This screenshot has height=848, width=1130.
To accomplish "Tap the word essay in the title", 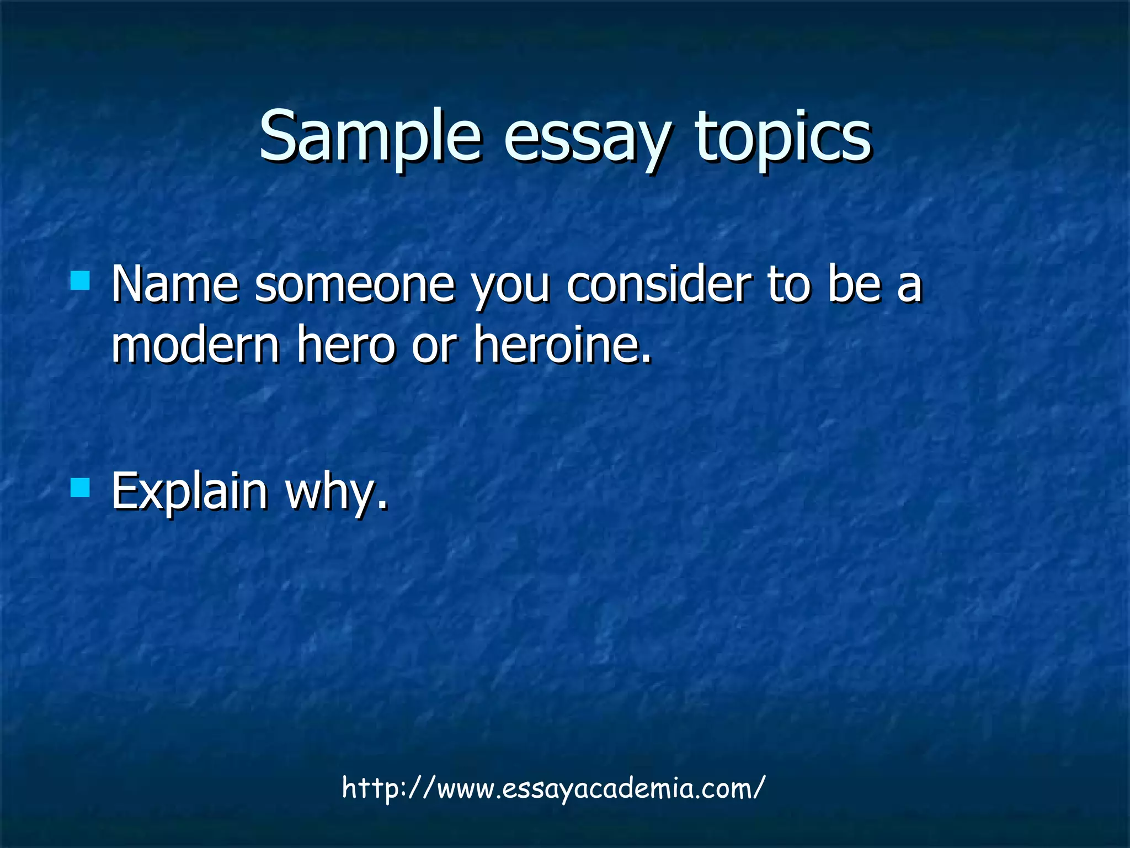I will [587, 137].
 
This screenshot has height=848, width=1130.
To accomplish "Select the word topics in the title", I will [783, 137].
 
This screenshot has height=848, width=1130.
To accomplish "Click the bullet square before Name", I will [81, 280].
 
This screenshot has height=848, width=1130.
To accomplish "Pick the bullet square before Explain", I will [81, 487].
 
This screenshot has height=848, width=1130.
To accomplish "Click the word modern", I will [196, 345].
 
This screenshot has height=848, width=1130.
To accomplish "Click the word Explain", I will [189, 491].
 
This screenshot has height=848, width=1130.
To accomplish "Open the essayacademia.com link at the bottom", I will [553, 788].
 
